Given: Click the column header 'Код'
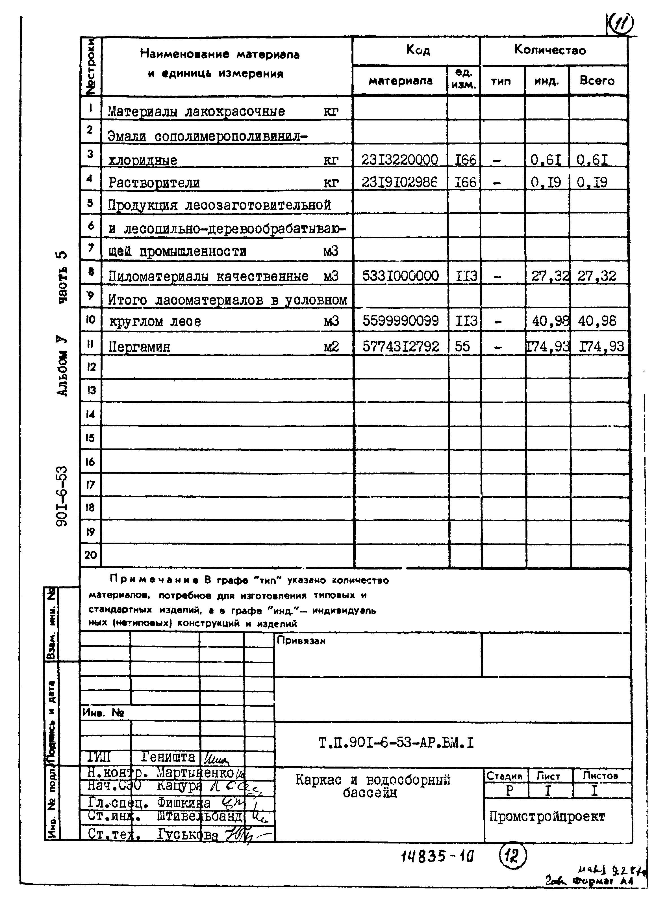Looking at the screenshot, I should (x=418, y=50).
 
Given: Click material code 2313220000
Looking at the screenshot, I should (x=400, y=160).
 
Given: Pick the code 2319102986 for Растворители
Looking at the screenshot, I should (x=400, y=183).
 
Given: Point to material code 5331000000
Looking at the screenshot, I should (x=400, y=276).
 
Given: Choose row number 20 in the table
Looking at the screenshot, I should (x=90, y=555).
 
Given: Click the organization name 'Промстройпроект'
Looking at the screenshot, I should (x=547, y=816).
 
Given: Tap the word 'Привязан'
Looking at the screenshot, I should (x=301, y=640).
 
